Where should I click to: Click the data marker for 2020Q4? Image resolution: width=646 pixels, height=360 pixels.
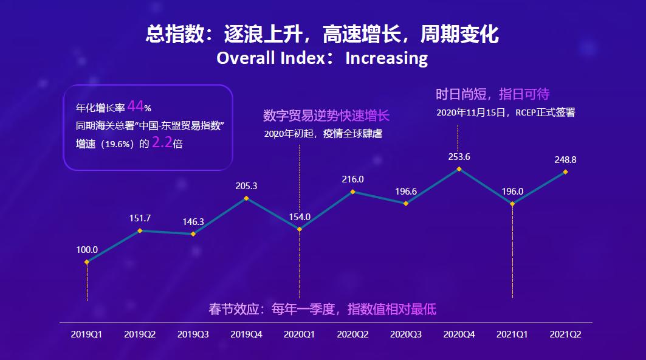(x=459, y=169)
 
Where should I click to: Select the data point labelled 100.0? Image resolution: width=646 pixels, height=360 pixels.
(x=87, y=262)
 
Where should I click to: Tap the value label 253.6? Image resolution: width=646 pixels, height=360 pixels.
(x=459, y=156)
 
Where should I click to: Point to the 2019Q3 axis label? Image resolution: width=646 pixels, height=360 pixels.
(x=193, y=334)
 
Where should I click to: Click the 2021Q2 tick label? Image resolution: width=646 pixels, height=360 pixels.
(x=565, y=334)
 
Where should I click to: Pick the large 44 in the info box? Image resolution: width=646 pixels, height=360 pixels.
(x=135, y=107)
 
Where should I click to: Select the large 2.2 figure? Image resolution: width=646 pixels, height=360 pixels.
(x=161, y=143)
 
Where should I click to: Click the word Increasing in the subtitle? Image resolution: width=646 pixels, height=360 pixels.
(x=387, y=58)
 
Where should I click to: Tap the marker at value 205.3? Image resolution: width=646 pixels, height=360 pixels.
(x=246, y=198)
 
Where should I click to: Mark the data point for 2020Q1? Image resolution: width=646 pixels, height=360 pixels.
(x=300, y=229)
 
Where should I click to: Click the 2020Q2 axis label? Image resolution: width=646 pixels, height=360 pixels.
(x=353, y=334)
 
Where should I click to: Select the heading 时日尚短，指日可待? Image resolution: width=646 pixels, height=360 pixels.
(x=492, y=94)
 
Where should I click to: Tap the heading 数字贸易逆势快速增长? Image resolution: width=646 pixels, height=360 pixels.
(x=326, y=116)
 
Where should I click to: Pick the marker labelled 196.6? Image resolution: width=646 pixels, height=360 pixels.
(x=406, y=203)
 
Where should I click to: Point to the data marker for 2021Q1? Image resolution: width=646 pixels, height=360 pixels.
(x=513, y=204)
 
